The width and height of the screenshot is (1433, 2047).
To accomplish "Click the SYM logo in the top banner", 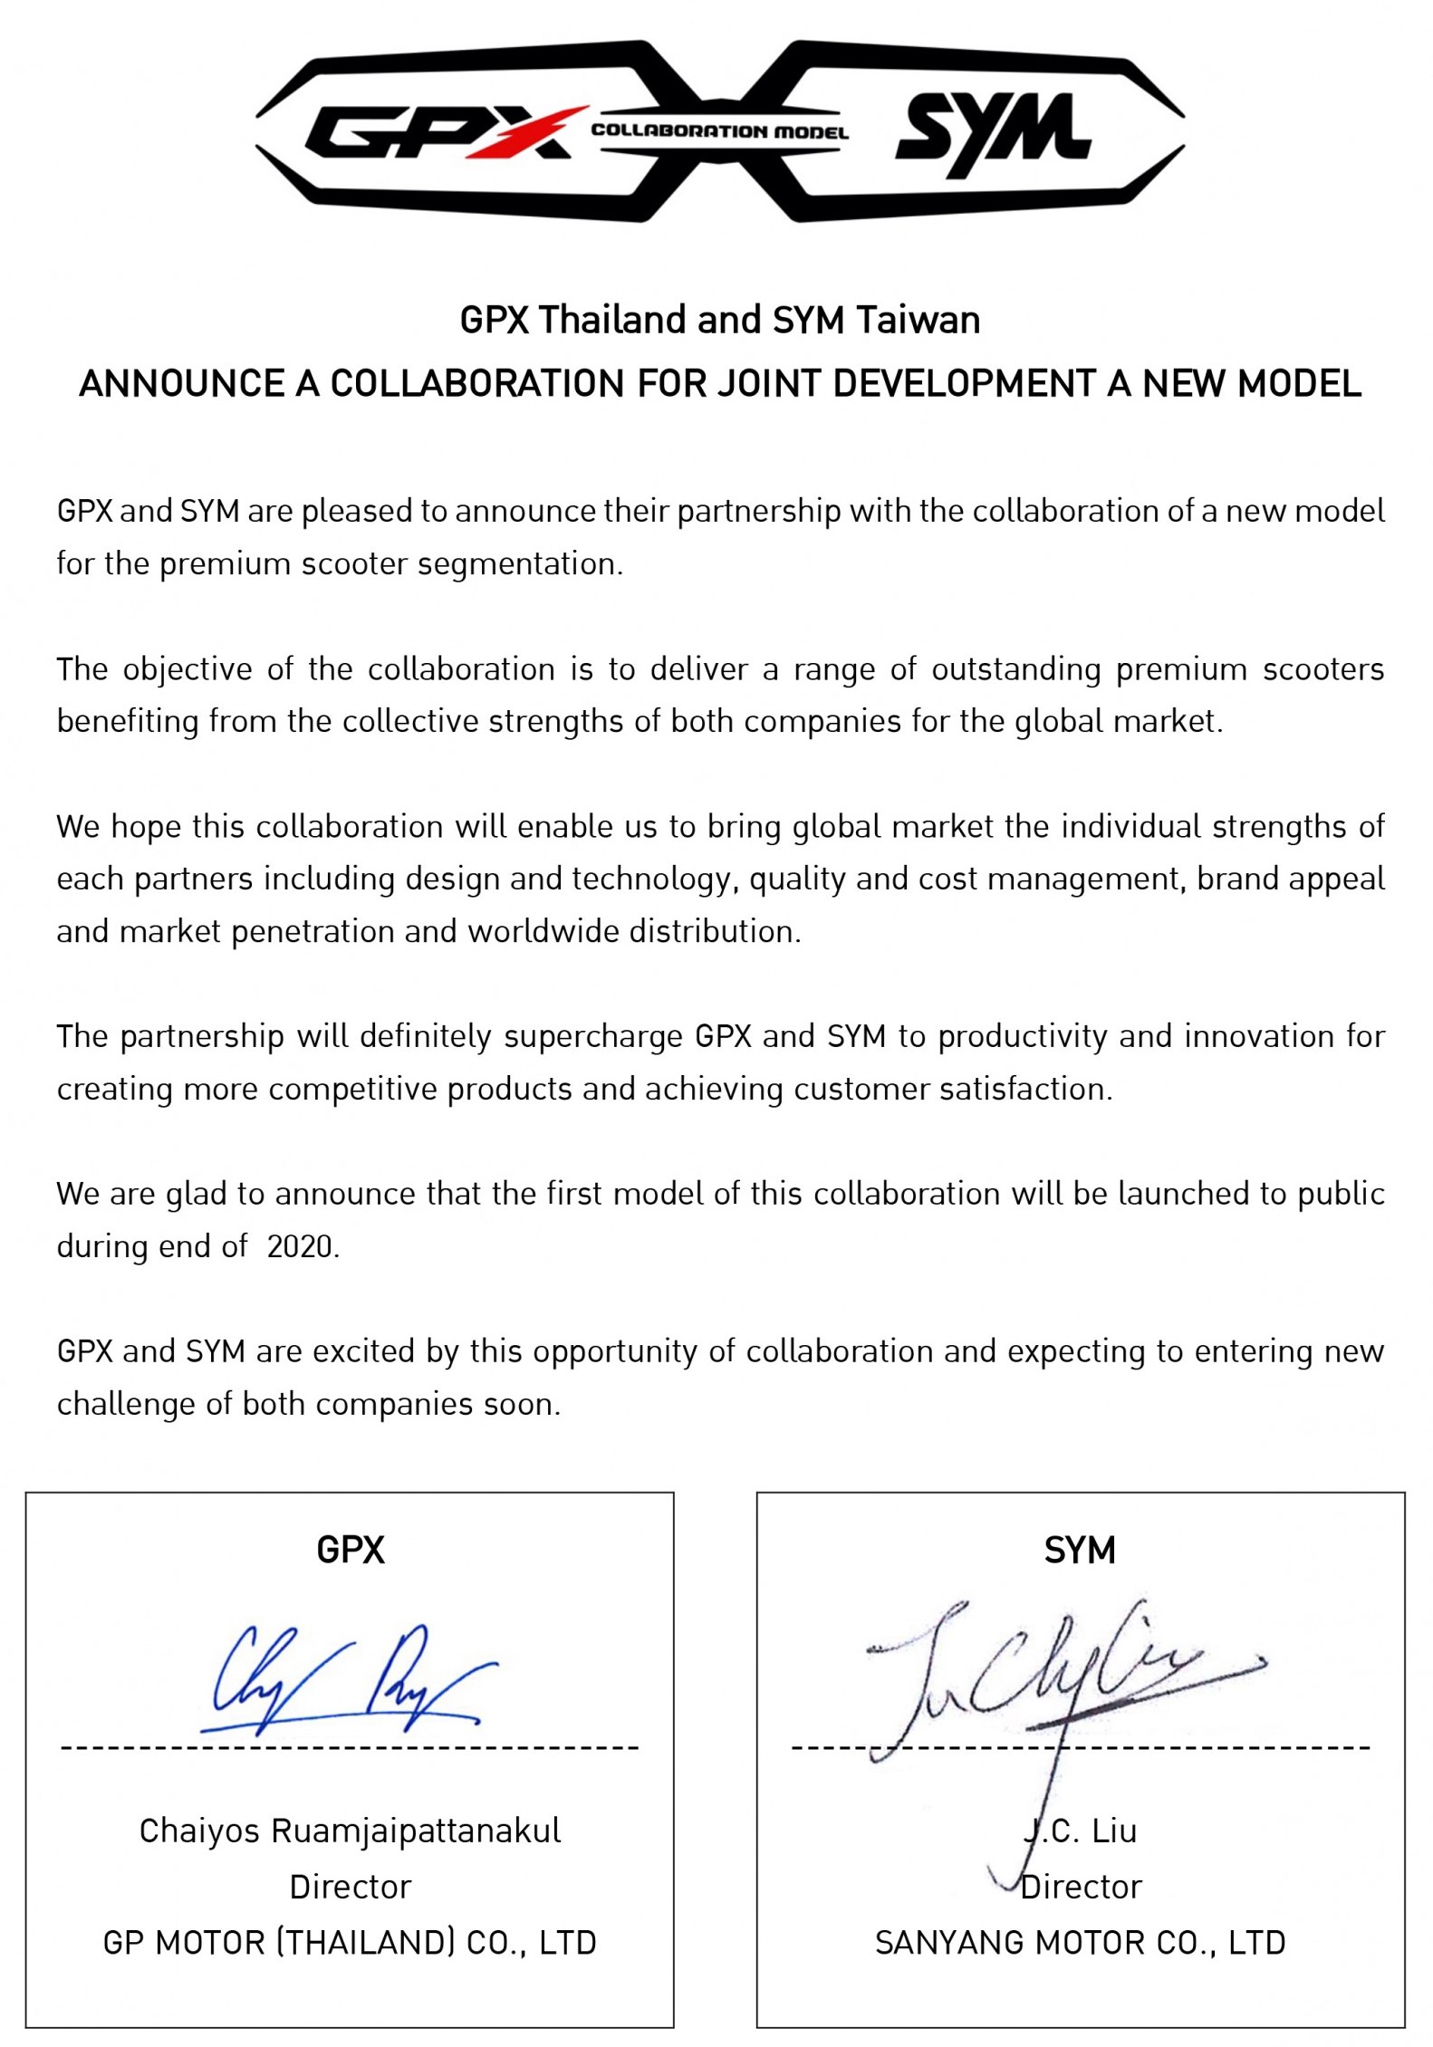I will point(993,133).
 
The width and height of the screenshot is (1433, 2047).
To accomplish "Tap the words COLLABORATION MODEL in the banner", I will point(720,131).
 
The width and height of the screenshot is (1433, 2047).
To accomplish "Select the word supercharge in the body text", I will point(593,1036).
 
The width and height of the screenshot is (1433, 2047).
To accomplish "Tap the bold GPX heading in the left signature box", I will point(351,1551).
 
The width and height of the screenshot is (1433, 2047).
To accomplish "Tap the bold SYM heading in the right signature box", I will point(1080,1551).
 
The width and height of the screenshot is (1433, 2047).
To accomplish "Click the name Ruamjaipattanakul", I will point(416,1831).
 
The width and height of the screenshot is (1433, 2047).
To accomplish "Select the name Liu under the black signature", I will point(1114,1831).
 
